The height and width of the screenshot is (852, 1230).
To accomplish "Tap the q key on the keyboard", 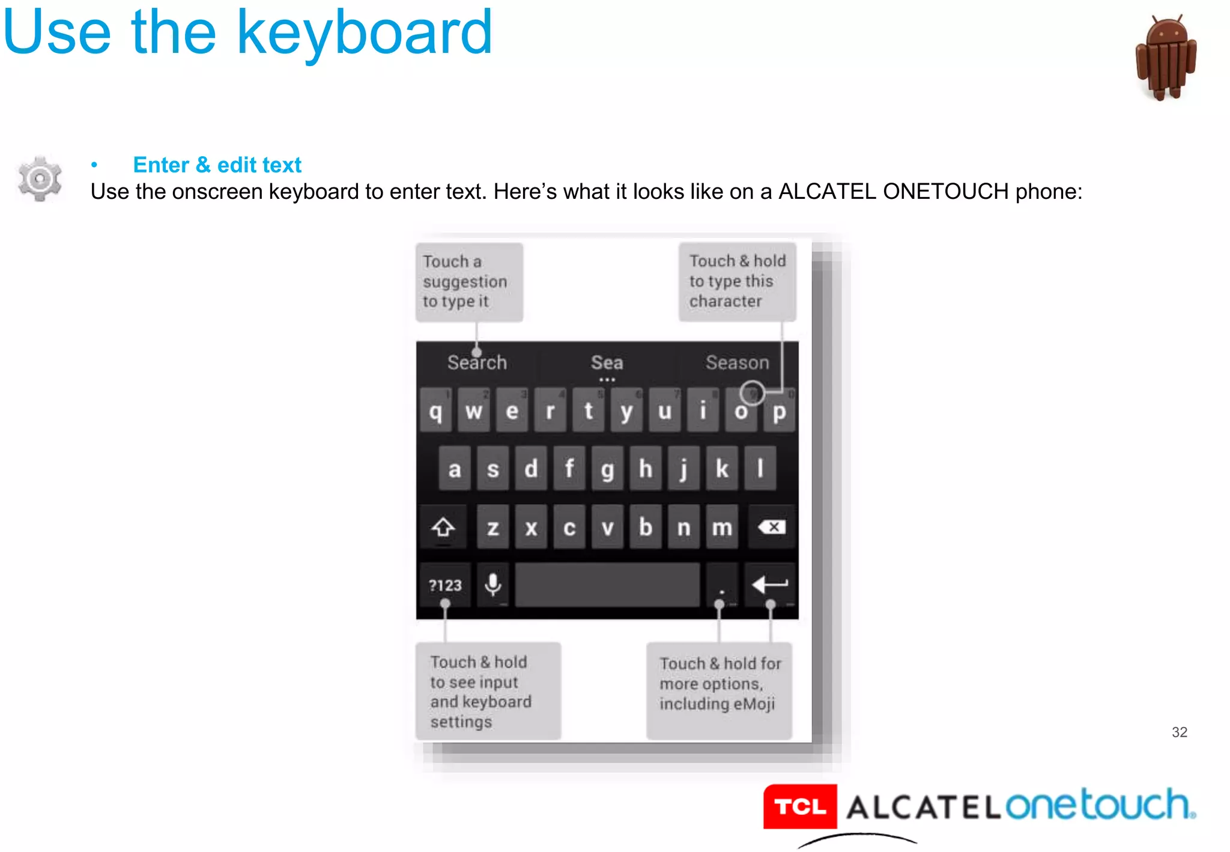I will (435, 411).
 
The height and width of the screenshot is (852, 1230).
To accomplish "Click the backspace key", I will (772, 528).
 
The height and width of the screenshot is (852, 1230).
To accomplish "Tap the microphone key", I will (493, 584).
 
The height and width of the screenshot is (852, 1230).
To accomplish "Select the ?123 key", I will (445, 585).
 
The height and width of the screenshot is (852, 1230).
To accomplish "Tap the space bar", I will (607, 584).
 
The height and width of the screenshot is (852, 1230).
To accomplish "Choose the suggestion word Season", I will (737, 362).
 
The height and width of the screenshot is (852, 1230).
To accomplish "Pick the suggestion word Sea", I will (607, 362).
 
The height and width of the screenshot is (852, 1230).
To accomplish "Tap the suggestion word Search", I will (477, 362).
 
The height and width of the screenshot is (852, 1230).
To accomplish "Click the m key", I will (722, 528).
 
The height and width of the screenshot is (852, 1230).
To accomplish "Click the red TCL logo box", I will (800, 806).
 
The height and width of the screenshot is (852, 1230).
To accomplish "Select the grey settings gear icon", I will (40, 178).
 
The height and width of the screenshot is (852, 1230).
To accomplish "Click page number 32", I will (1179, 732).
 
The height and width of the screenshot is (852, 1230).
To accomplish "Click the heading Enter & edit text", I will (217, 165).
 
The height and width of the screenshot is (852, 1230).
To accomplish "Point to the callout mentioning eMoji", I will (719, 690).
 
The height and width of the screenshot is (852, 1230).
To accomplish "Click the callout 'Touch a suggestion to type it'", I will (469, 282).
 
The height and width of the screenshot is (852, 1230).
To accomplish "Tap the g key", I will (607, 469).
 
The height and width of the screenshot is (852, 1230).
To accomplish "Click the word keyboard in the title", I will (365, 33).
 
